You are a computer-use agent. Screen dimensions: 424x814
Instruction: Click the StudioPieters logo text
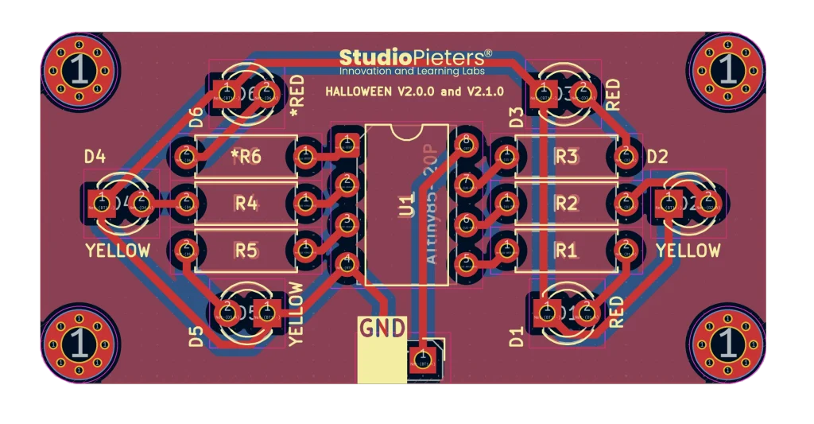click(416, 58)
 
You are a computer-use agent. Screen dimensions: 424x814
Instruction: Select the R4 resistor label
click(246, 204)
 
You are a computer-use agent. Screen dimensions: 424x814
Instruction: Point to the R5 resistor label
click(246, 251)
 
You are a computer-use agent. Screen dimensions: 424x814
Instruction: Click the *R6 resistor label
click(246, 157)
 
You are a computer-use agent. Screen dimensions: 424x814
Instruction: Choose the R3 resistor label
click(565, 157)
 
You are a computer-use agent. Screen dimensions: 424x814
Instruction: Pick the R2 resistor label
click(565, 204)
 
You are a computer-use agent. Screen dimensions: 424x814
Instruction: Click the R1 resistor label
click(565, 251)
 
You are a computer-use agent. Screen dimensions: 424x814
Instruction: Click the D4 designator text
click(95, 157)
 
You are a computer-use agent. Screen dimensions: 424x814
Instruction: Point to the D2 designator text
click(657, 157)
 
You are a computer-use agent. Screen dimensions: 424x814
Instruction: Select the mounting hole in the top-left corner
click(79, 71)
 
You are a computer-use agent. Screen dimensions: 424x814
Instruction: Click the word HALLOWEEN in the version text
click(358, 91)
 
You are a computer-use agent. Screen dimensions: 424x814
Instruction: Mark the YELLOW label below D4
click(118, 251)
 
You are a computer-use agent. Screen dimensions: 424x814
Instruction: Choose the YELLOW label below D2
click(688, 251)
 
